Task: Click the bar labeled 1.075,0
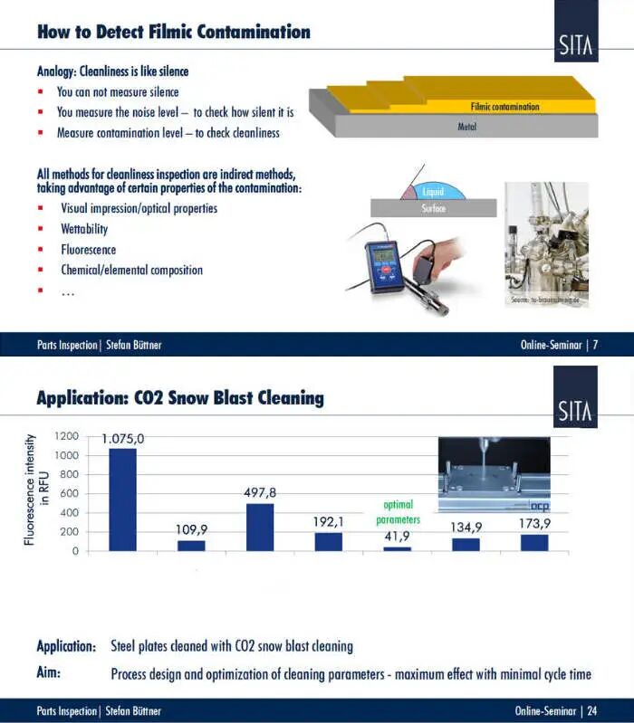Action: pyautogui.click(x=122, y=499)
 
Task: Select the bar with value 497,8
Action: pyautogui.click(x=260, y=527)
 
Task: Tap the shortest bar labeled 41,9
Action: pyautogui.click(x=397, y=548)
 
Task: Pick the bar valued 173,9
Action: pyautogui.click(x=533, y=542)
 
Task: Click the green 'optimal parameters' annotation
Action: pyautogui.click(x=399, y=512)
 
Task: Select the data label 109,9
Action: pyautogui.click(x=191, y=529)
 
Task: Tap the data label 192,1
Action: pyautogui.click(x=328, y=521)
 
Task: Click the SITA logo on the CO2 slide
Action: pyautogui.click(x=576, y=398)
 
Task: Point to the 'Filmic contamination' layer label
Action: pyautogui.click(x=504, y=107)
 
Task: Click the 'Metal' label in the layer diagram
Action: pyautogui.click(x=467, y=127)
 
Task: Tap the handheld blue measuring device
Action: pyautogui.click(x=385, y=265)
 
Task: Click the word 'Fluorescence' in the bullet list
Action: pyautogui.click(x=89, y=250)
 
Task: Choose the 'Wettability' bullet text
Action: pyautogui.click(x=84, y=229)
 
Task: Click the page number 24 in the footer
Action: pyautogui.click(x=591, y=711)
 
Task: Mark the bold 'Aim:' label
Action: pyautogui.click(x=54, y=674)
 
